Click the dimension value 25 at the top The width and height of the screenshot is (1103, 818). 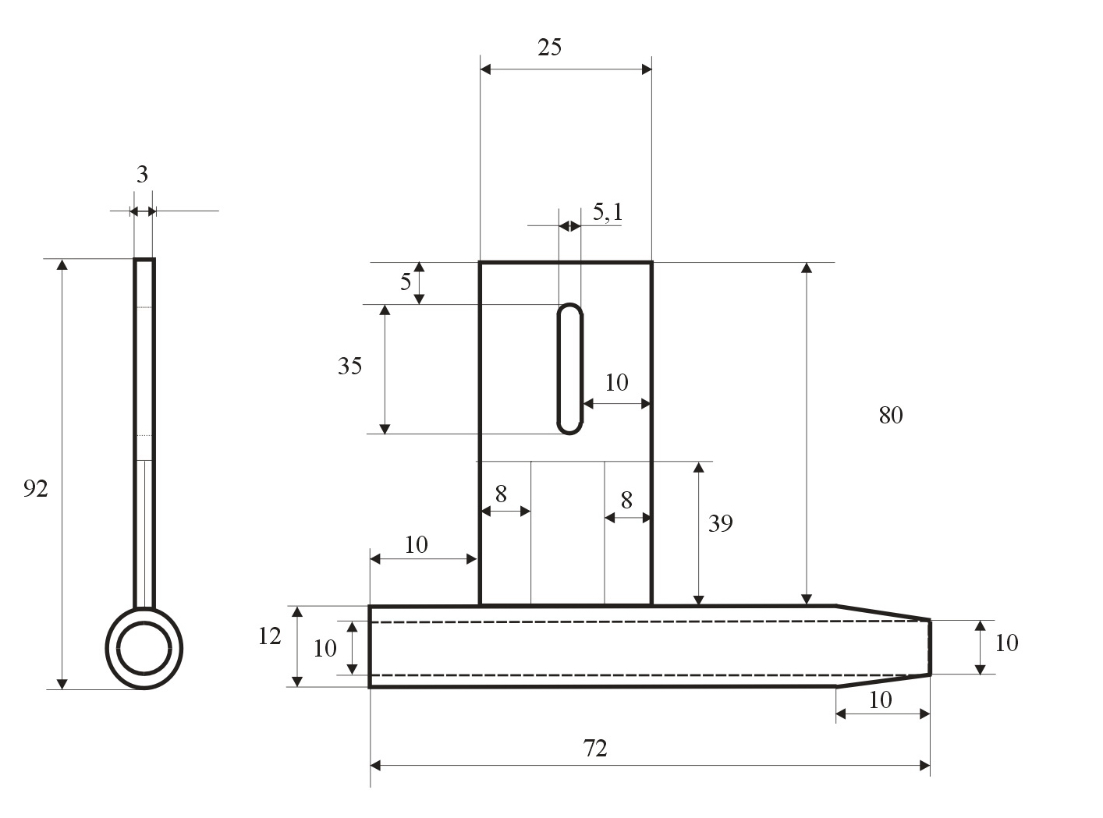(x=549, y=48)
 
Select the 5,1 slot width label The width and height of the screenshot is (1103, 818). (x=608, y=212)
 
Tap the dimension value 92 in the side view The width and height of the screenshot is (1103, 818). (x=36, y=489)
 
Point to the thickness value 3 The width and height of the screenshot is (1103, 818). (x=142, y=175)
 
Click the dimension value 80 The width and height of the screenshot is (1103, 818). (x=890, y=416)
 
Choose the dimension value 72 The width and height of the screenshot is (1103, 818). (x=594, y=749)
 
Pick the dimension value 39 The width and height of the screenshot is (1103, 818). (x=720, y=523)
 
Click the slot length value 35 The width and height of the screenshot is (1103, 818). (x=349, y=366)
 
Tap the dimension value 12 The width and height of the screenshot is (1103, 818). (x=269, y=637)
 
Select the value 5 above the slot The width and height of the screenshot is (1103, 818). (x=406, y=282)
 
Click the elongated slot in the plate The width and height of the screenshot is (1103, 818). (x=570, y=369)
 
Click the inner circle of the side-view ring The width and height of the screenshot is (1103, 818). (x=144, y=647)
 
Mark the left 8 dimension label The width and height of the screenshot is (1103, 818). (x=501, y=494)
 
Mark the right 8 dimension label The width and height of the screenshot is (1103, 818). (x=626, y=501)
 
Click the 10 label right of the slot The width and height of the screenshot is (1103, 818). (x=616, y=382)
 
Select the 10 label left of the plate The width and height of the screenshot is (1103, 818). (x=417, y=544)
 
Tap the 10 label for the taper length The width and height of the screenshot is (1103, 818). (x=880, y=700)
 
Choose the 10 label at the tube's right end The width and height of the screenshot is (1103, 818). (x=1006, y=643)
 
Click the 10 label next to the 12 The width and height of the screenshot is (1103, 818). (x=325, y=648)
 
